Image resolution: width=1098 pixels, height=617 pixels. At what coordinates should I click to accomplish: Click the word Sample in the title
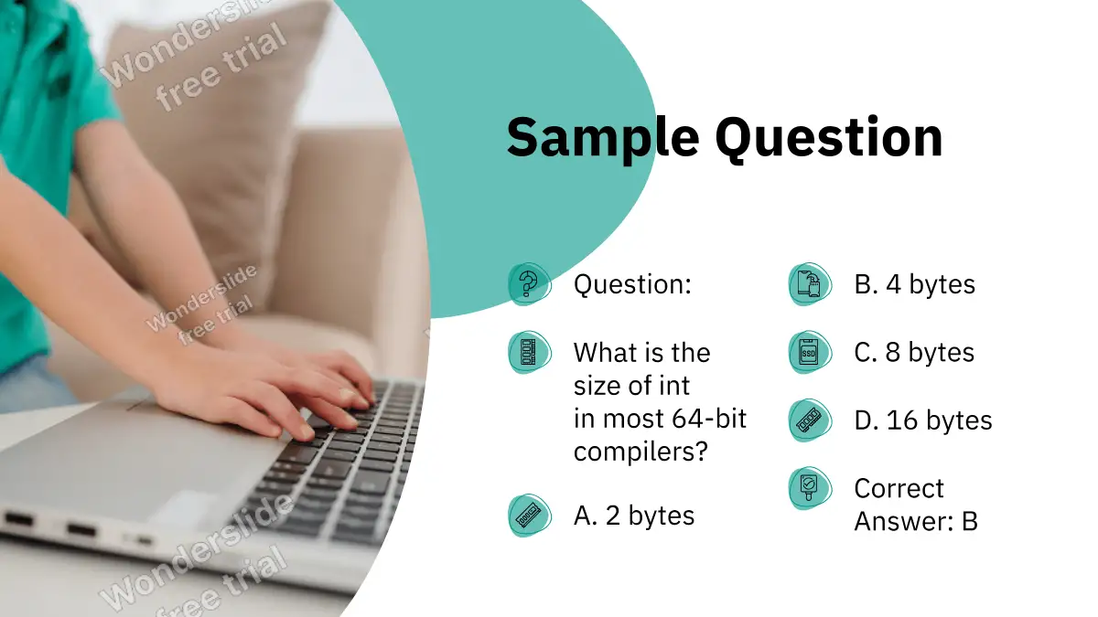[603, 140]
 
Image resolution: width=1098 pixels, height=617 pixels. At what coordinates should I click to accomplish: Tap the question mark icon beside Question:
[529, 284]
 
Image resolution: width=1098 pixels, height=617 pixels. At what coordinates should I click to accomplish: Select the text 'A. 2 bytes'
[634, 516]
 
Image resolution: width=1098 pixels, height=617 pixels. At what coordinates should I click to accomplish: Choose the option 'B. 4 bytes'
[915, 284]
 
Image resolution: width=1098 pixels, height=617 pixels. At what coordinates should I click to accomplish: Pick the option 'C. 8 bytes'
[914, 352]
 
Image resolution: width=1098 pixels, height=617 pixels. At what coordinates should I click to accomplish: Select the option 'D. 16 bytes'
[923, 420]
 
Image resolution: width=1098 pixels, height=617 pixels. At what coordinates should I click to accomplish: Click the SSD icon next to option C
[810, 352]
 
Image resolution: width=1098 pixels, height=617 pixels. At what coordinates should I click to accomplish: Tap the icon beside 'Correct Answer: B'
[810, 488]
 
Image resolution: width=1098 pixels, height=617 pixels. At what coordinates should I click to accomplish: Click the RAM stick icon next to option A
[529, 516]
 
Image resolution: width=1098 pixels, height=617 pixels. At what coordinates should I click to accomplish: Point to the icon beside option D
[810, 420]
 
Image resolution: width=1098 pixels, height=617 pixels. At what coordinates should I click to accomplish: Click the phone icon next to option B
[810, 284]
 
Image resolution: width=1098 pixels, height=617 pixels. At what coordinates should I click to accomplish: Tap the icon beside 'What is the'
[529, 352]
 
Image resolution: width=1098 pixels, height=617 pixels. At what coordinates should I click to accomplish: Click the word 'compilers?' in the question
[641, 452]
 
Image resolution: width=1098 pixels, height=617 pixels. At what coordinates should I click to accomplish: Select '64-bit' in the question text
[709, 419]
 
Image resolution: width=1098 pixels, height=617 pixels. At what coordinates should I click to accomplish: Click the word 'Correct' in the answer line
[899, 488]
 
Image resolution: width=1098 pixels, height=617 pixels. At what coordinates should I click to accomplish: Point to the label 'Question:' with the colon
[632, 284]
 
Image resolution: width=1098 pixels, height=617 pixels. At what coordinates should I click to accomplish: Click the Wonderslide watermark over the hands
[202, 304]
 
